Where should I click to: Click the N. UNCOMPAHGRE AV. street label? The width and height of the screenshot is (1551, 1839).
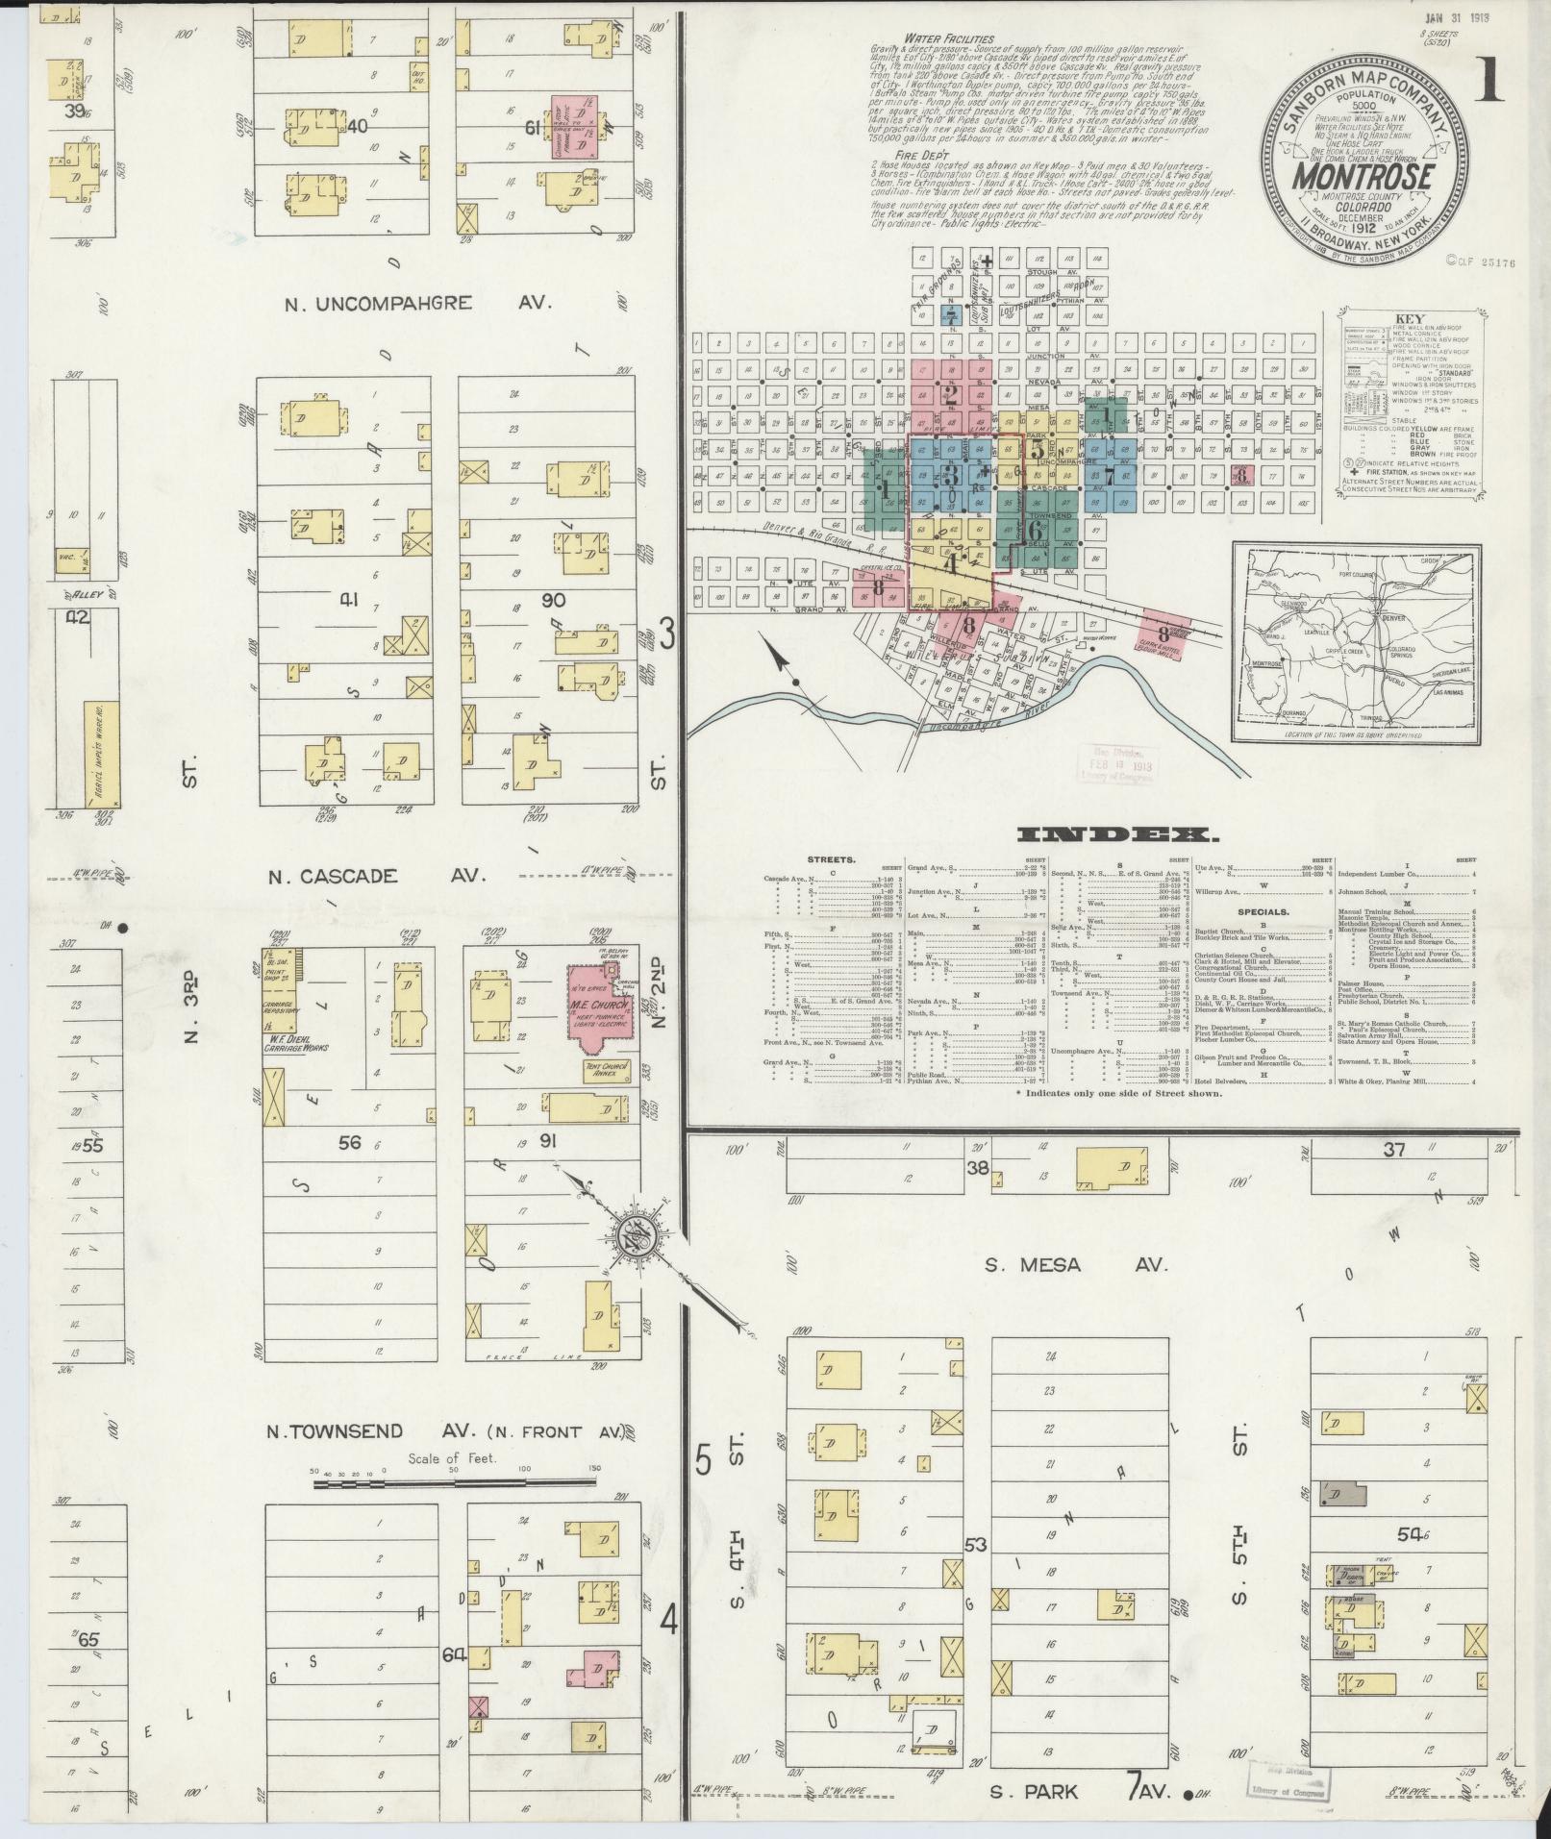pyautogui.click(x=418, y=302)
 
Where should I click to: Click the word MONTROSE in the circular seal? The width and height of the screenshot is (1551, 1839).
pyautogui.click(x=1363, y=177)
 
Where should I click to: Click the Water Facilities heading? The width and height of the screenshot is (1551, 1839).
pyautogui.click(x=928, y=38)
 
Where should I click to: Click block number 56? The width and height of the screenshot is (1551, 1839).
pyautogui.click(x=348, y=1141)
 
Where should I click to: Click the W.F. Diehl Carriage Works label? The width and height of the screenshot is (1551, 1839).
pyautogui.click(x=292, y=1042)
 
